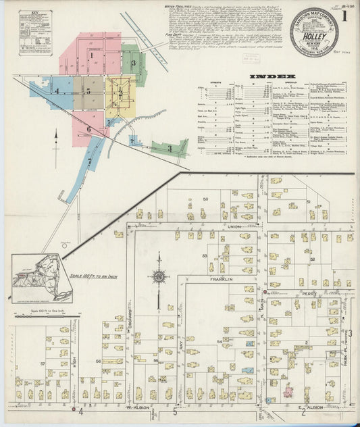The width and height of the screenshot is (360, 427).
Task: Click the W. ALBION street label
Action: tap(136, 407)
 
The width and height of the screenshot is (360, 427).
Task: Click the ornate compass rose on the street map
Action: tap(159, 276)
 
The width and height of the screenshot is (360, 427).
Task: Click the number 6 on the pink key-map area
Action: tap(88, 128)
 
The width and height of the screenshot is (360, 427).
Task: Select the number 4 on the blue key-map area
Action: tap(57, 90)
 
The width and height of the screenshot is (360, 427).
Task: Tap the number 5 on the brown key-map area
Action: tap(88, 91)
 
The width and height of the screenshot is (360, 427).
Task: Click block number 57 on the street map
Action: tap(42, 363)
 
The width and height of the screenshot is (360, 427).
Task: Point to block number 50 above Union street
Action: tap(205, 200)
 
